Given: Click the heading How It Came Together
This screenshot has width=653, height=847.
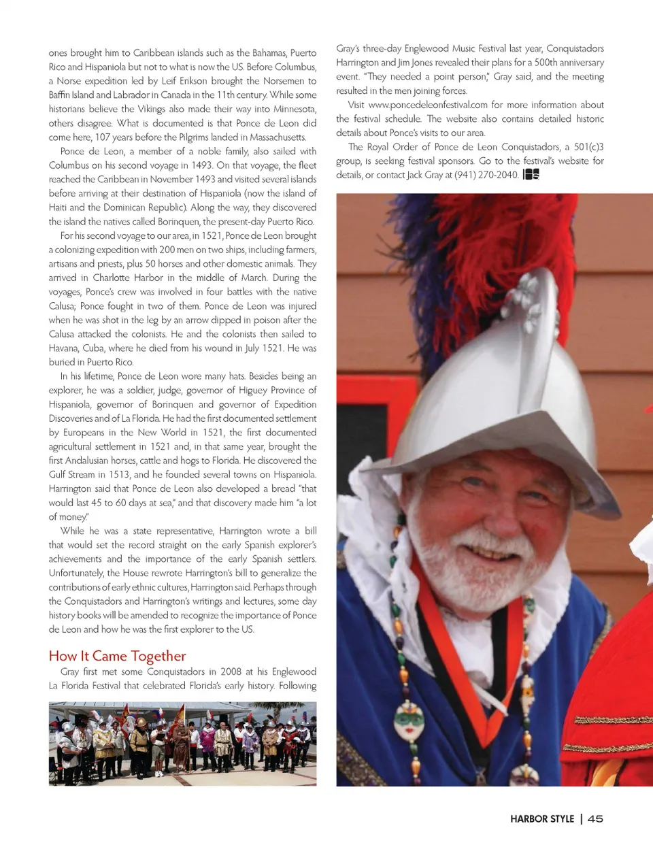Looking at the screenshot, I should pyautogui.click(x=117, y=656).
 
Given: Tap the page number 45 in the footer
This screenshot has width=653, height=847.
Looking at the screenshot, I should pyautogui.click(x=595, y=819).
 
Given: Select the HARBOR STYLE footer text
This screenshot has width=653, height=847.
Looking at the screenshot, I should pyautogui.click(x=542, y=819).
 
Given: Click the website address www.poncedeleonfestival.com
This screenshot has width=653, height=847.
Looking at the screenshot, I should pyautogui.click(x=427, y=105).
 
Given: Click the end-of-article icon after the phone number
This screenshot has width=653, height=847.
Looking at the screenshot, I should pyautogui.click(x=531, y=175).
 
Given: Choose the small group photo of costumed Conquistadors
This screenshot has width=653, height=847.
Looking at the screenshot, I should pyautogui.click(x=182, y=744).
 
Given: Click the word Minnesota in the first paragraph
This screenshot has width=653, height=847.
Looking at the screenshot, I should pyautogui.click(x=295, y=109).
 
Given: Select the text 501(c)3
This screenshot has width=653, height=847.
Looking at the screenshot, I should pyautogui.click(x=588, y=147).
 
